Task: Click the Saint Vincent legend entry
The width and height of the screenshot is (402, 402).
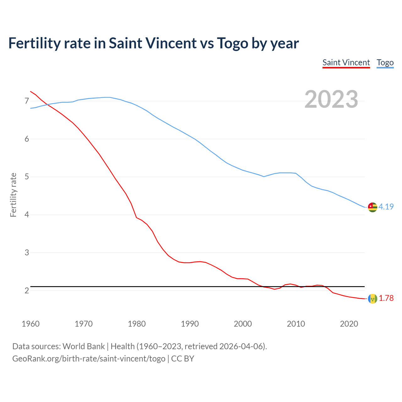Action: click(x=346, y=62)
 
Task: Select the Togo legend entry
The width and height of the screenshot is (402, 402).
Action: click(x=385, y=62)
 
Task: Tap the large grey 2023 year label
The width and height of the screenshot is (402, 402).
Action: click(x=331, y=99)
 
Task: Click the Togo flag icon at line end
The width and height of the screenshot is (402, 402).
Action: click(x=372, y=207)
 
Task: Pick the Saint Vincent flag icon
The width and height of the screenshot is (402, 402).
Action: click(x=372, y=298)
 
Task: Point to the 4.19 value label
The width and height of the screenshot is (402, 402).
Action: click(x=386, y=207)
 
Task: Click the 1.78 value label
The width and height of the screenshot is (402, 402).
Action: click(x=386, y=298)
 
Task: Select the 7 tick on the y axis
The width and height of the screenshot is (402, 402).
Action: click(x=27, y=101)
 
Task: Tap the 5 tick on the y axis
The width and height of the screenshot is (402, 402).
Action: click(x=27, y=177)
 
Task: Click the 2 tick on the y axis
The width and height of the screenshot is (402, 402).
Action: click(x=27, y=291)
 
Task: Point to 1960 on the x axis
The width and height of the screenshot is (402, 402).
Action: click(x=30, y=324)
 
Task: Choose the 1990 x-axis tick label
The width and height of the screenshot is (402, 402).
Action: click(x=190, y=324)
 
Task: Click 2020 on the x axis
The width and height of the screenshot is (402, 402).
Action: click(x=349, y=324)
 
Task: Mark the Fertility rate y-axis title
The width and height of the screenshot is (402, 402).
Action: click(x=13, y=195)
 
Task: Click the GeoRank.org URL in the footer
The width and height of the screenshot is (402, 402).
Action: click(x=89, y=358)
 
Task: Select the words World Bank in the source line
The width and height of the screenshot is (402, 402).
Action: click(x=84, y=346)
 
